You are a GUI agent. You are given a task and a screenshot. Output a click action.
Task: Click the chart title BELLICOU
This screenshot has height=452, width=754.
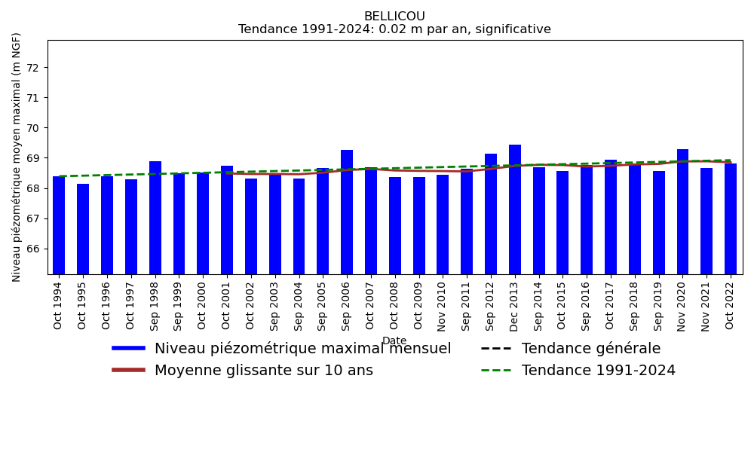point(394,17)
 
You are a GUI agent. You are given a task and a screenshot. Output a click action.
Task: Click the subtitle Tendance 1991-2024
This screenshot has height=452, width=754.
point(394,29)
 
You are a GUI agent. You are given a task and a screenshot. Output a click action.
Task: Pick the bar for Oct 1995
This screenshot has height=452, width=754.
point(83,229)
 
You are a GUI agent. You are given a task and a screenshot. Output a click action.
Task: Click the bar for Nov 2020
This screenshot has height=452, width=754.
point(682,212)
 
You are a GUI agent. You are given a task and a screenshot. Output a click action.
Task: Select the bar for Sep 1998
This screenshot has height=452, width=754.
point(155,218)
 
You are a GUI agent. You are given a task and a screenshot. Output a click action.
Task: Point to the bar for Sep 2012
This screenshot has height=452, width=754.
point(491,214)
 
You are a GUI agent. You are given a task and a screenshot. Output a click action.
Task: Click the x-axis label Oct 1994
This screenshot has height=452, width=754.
point(59,304)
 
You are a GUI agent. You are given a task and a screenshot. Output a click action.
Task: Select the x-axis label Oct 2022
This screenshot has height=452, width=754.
point(731,304)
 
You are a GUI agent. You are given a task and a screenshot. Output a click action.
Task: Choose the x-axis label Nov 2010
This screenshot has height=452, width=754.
point(443,304)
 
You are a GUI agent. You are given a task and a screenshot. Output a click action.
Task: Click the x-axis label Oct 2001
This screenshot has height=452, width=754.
point(227,304)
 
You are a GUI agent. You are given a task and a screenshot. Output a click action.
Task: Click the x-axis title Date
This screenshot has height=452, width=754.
point(394,341)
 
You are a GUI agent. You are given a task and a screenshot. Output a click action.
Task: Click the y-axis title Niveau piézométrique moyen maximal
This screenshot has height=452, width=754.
point(17,157)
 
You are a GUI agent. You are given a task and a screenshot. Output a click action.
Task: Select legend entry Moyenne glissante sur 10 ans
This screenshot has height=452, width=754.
point(263,371)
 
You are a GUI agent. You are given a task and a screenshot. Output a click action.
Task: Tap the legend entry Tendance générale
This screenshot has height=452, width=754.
point(590,349)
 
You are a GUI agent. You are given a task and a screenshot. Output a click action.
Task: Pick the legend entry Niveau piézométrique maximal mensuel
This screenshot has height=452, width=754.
point(302,349)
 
